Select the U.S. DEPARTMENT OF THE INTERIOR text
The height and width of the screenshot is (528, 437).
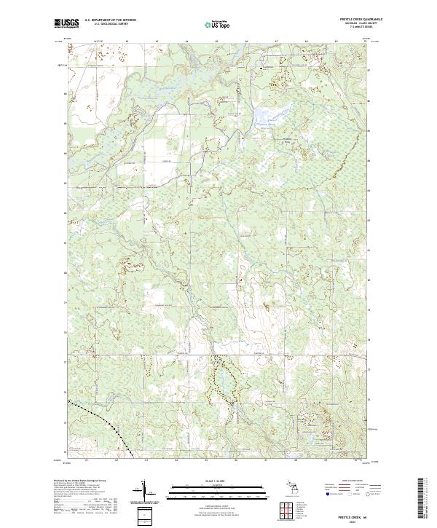[x=111, y=20]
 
